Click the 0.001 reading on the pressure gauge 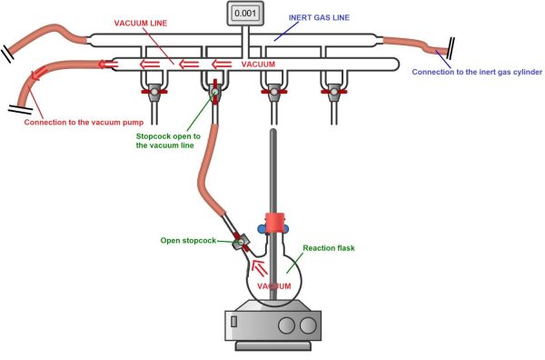click(243, 14)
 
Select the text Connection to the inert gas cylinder click(477, 72)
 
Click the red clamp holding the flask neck click(272, 222)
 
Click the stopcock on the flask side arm click(241, 243)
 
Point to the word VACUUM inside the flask click(272, 286)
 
